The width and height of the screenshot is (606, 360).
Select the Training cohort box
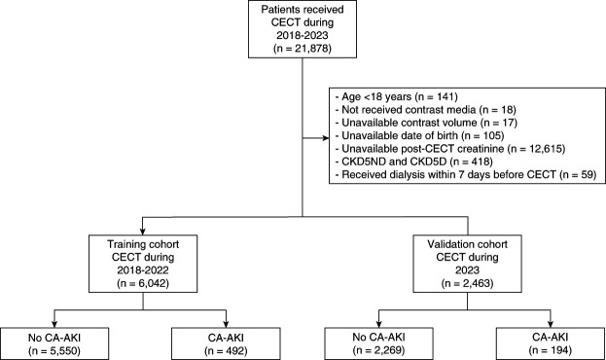143,264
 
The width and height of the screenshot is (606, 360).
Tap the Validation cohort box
467,264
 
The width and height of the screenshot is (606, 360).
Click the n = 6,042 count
143,283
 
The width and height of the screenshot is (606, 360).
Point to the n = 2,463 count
467,283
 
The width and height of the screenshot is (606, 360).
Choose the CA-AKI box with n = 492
226,343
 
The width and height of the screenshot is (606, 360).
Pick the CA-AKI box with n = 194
551,343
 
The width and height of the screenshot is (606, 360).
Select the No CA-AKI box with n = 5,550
54,343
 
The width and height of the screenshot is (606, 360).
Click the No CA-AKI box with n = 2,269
378,343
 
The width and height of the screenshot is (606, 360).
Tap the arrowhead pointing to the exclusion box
326,138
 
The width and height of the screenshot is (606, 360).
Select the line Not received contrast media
425,109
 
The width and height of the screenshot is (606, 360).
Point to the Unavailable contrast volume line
426,123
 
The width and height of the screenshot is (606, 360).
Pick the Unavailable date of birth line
419,135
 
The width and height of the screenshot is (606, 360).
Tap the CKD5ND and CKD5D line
414,162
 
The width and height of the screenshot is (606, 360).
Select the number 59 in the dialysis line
586,175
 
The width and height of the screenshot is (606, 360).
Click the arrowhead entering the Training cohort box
143,232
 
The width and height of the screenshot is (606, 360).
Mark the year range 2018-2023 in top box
303,36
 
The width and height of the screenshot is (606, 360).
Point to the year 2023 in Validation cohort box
467,270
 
